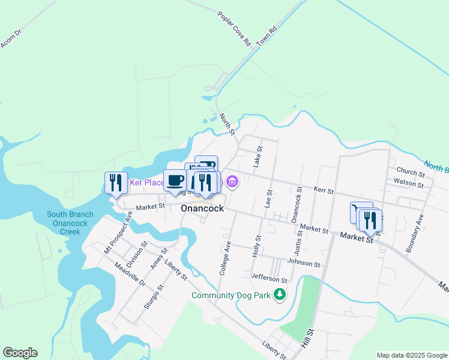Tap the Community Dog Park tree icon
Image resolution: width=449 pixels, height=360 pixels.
pos(279,295)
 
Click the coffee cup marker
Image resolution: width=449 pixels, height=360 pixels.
pos(175,181)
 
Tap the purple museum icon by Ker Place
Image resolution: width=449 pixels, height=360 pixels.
pos(232,181)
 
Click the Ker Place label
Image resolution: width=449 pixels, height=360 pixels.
pos(146,182)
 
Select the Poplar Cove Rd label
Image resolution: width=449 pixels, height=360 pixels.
pos(234,28)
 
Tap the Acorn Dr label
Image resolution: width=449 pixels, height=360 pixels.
pos(11,37)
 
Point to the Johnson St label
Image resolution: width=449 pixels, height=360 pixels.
pos(303,263)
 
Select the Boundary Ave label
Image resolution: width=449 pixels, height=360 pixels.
pos(415,233)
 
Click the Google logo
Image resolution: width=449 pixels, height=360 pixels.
pos(20,353)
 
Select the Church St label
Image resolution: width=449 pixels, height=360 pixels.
pos(410,173)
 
